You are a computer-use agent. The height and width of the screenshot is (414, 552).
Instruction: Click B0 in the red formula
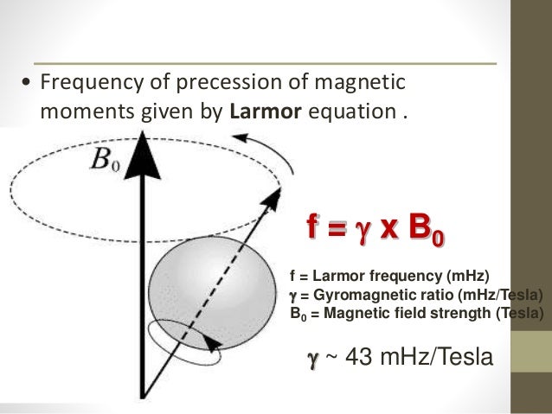pos(429,232)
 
